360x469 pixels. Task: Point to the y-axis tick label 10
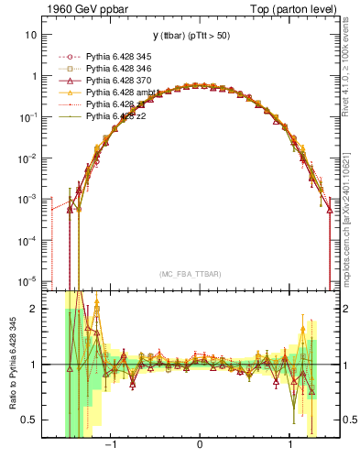pos(31,35)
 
